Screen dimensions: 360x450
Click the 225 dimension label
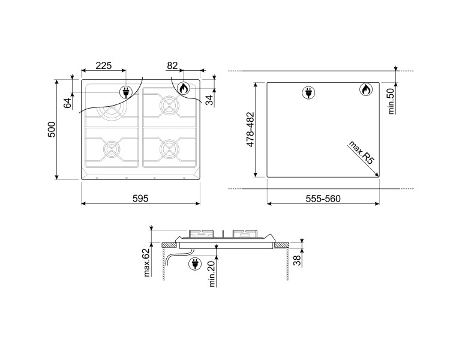(x=104, y=65)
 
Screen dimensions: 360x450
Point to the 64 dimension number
(x=67, y=103)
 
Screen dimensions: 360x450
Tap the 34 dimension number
(x=209, y=100)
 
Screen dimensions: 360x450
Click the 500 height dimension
(x=52, y=129)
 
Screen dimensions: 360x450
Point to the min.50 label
(x=390, y=101)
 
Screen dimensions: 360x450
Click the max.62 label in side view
(x=146, y=263)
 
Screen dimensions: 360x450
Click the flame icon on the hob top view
(x=183, y=89)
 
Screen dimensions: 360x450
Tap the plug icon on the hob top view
(x=127, y=92)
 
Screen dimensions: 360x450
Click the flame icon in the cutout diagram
(x=365, y=90)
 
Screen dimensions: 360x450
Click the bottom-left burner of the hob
(x=111, y=148)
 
